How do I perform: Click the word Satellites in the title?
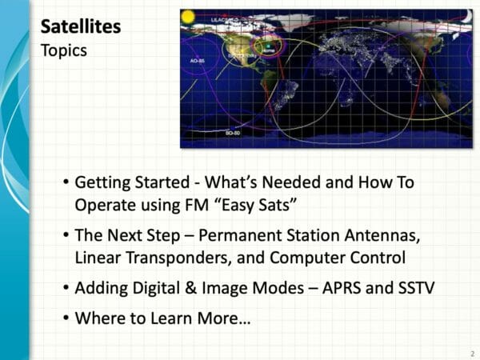pyautogui.click(x=81, y=27)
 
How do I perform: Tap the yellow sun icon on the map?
pyautogui.click(x=189, y=15)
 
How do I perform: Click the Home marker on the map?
pyautogui.click(x=268, y=51)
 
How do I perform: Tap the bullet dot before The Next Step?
pyautogui.click(x=65, y=238)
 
